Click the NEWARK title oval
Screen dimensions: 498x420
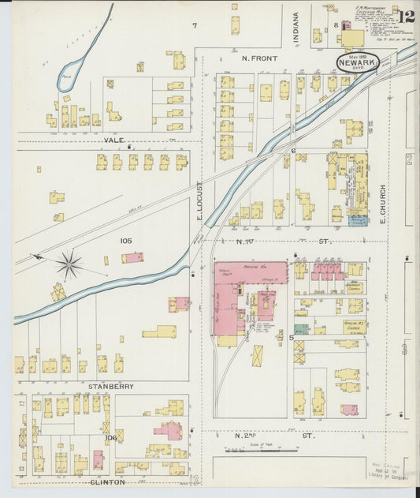coord(357,61)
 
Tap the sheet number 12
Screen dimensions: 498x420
coord(407,17)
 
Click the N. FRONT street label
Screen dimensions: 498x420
coord(257,58)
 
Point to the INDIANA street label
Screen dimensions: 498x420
coord(297,28)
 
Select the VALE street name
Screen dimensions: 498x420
coord(114,140)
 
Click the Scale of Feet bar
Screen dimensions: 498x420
coord(261,451)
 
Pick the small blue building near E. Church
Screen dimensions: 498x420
coord(358,221)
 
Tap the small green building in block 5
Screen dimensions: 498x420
coord(301,328)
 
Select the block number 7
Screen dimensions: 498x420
coord(194,26)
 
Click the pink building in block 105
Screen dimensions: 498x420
coord(133,257)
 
